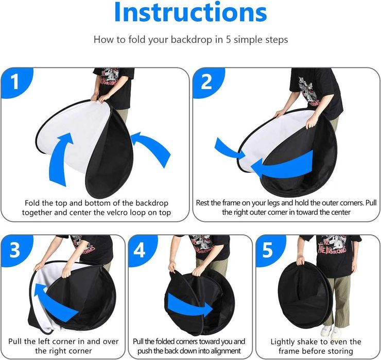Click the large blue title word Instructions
pyautogui.click(x=190, y=12)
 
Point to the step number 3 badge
pyautogui.click(x=15, y=250)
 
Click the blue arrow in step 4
pyautogui.click(x=190, y=304)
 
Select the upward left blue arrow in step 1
pyautogui.click(x=60, y=158)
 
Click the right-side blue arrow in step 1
pyautogui.click(x=152, y=146)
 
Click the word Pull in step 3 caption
pyautogui.click(x=14, y=341)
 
